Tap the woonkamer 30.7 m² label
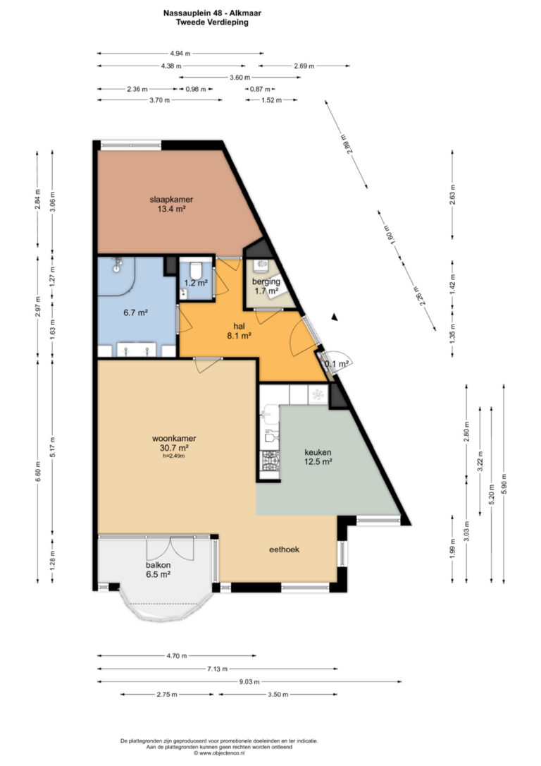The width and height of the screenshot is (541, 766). [174, 443]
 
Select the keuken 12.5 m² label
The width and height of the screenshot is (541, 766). [318, 457]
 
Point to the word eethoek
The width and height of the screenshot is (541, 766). [285, 549]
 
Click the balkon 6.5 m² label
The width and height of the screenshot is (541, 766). [158, 570]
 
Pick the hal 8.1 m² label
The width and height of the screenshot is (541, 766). [239, 331]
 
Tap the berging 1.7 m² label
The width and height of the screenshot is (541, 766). [266, 286]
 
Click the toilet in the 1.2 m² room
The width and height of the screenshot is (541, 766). [196, 269]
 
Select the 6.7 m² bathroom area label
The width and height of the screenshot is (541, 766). [136, 312]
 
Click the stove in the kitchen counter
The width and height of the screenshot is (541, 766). [270, 459]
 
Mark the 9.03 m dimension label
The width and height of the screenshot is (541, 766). [249, 681]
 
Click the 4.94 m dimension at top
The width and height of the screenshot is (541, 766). [180, 53]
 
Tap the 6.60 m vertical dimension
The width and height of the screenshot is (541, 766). [37, 471]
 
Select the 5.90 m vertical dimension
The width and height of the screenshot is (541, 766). [504, 484]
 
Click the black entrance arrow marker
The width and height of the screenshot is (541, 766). [334, 317]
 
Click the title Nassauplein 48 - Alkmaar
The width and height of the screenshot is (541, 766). [212, 13]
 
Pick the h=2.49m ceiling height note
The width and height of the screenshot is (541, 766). [174, 456]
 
